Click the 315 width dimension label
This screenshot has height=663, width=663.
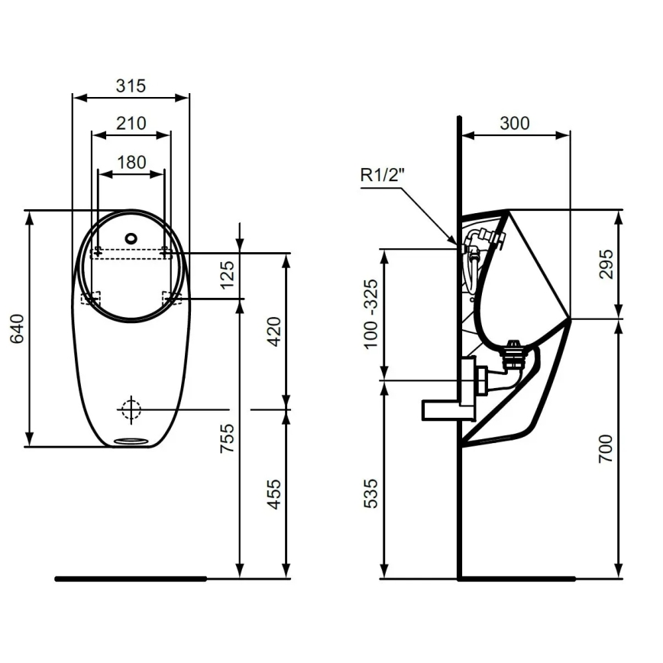[x=131, y=86]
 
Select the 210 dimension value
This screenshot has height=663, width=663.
[x=131, y=123]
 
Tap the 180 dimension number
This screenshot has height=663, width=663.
[x=131, y=162]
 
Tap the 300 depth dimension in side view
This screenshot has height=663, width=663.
[x=514, y=123]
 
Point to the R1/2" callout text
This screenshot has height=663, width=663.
[x=382, y=175]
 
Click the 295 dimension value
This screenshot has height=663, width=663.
[x=606, y=264]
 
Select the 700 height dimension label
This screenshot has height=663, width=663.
[x=606, y=449]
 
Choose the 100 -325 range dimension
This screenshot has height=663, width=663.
[x=370, y=314]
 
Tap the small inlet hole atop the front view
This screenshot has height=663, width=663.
[x=133, y=238]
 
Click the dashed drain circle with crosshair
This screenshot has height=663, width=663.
[x=131, y=409]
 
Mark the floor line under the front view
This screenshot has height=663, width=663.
[x=130, y=578]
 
